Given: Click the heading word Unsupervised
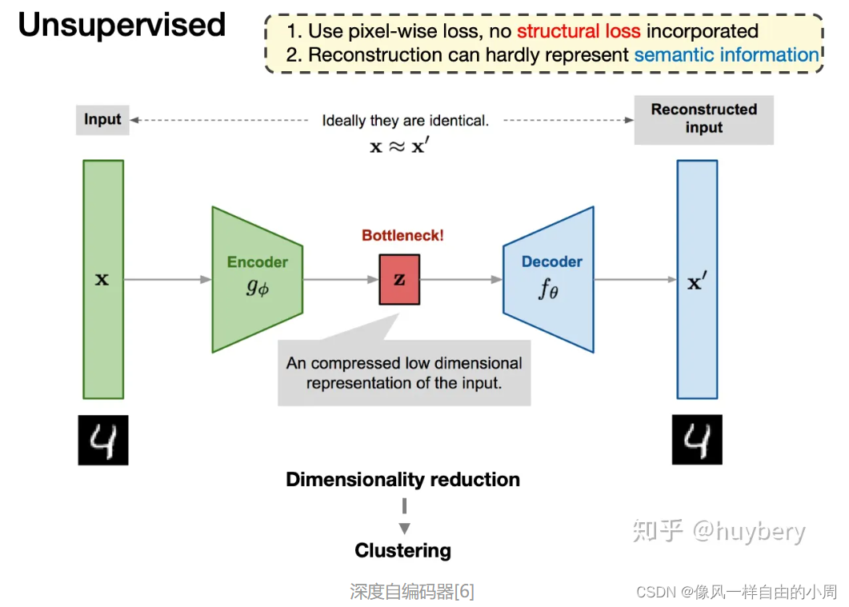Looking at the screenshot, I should (x=122, y=26).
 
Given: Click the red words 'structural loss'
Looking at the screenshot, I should (x=578, y=31).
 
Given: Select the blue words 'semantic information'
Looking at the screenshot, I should (x=726, y=55).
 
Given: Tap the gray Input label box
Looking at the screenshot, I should (x=102, y=120).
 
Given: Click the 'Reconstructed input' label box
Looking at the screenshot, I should (x=703, y=119).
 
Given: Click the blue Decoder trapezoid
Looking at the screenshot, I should (x=549, y=279).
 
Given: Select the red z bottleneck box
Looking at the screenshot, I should (x=399, y=280).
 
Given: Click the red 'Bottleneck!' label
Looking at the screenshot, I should (x=402, y=236).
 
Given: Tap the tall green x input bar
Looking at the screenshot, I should (x=102, y=279).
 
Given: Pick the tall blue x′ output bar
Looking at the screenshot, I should (x=697, y=279).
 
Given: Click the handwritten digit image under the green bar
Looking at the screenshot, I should (x=102, y=441).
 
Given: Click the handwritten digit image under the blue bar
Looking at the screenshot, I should (x=697, y=440).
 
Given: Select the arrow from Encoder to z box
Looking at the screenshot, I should (x=341, y=280).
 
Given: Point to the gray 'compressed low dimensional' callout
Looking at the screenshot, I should (x=404, y=373).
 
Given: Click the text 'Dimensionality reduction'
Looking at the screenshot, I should (x=402, y=480).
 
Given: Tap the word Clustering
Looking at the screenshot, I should (x=402, y=551).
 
